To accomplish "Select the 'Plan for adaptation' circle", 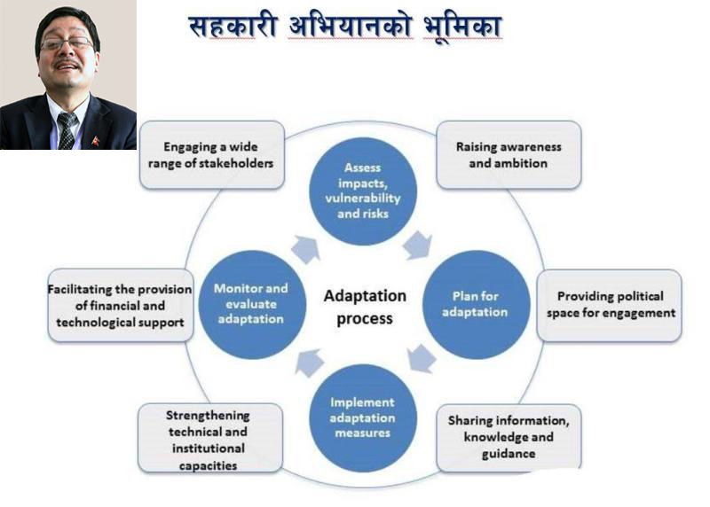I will pyautogui.click(x=480, y=304).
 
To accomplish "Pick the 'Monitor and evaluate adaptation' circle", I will pyautogui.click(x=251, y=302).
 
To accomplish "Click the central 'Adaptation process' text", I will pyautogui.click(x=364, y=306).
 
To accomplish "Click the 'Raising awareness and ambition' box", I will pyautogui.click(x=509, y=154).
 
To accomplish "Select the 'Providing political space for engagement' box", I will pyautogui.click(x=610, y=304).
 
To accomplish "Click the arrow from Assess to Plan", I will pyautogui.click(x=417, y=245).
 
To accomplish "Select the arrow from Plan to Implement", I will pyautogui.click(x=420, y=359).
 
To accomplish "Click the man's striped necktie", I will pyautogui.click(x=67, y=129).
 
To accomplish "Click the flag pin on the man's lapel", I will pyautogui.click(x=95, y=140).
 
